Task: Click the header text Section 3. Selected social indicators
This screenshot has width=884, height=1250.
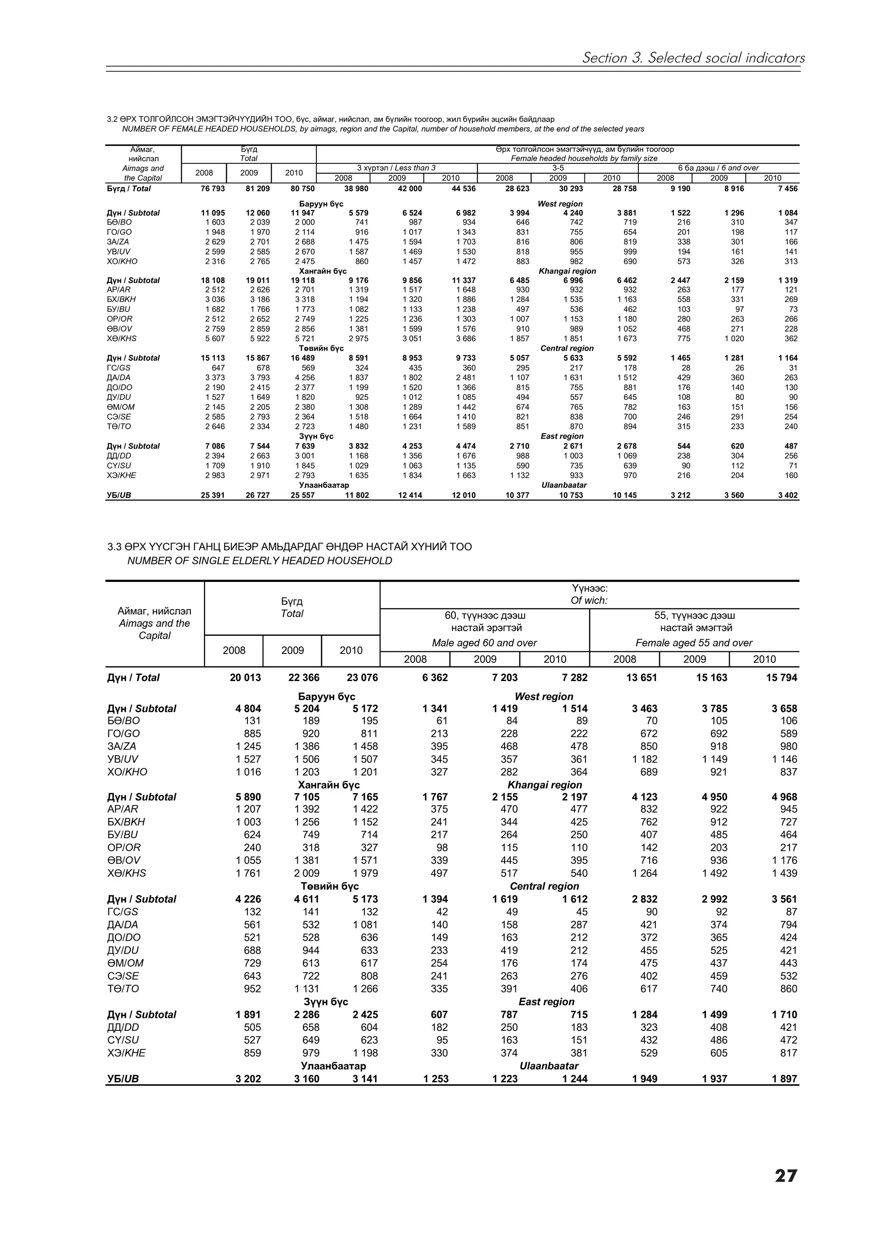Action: pyautogui.click(x=693, y=58)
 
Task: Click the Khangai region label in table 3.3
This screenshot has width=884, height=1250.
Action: pyautogui.click(x=545, y=785)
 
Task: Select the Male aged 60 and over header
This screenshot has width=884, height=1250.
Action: pyautogui.click(x=484, y=643)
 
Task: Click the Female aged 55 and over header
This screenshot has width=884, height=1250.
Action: pyautogui.click(x=694, y=643)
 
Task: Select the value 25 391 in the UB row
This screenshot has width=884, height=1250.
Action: pyautogui.click(x=212, y=496)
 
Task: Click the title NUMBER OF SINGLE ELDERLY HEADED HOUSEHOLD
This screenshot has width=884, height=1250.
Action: pyautogui.click(x=259, y=561)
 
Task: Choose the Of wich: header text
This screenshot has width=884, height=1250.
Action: pyautogui.click(x=589, y=600)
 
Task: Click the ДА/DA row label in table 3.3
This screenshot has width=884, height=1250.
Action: pyautogui.click(x=123, y=925)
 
